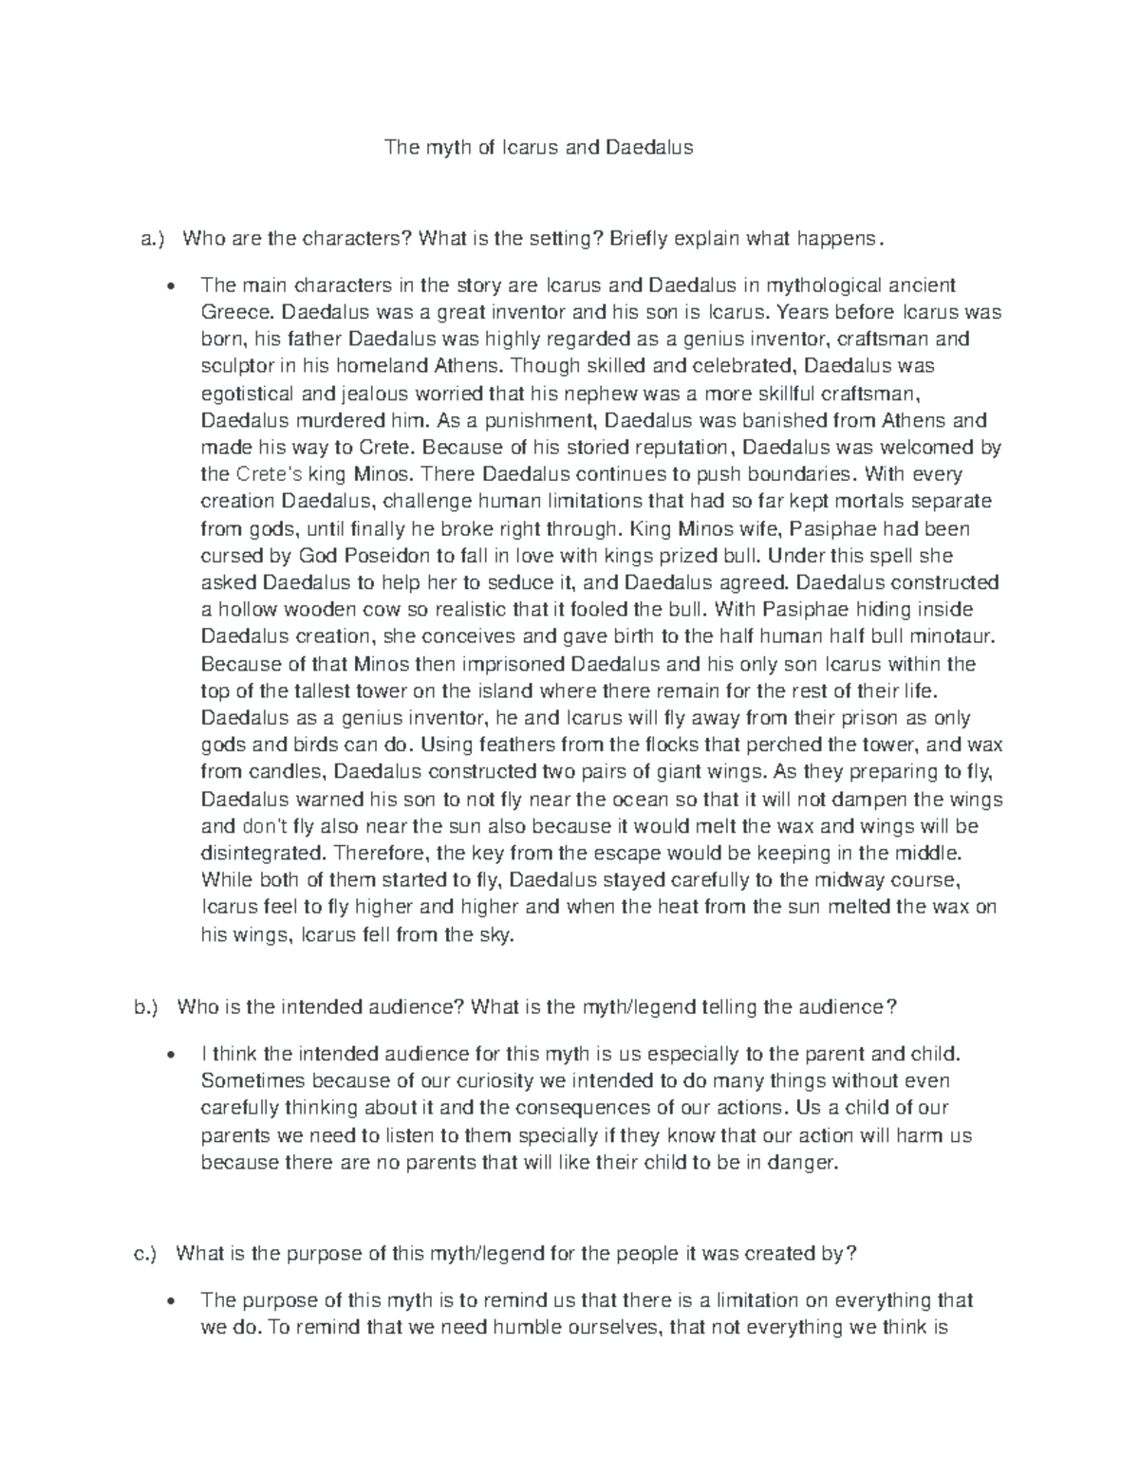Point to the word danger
point(808,1162)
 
